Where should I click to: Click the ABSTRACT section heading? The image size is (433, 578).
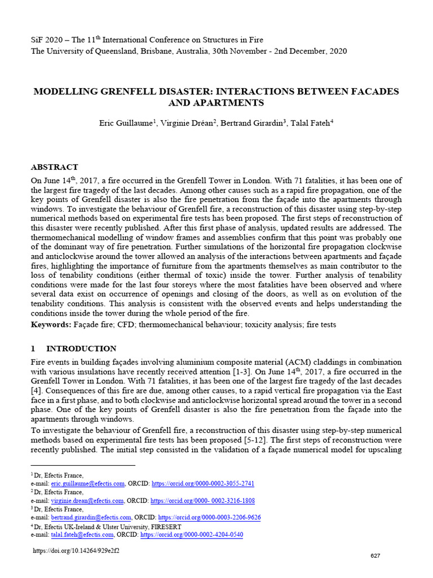[x=54, y=167]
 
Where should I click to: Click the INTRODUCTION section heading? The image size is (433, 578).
[x=81, y=348]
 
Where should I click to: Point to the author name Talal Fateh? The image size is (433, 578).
[x=310, y=122]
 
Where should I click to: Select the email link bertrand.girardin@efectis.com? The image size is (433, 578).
[x=91, y=518]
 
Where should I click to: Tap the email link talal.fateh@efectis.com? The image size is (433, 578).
[x=82, y=535]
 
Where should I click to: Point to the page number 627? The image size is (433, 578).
[x=375, y=556]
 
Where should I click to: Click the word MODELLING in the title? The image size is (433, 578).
[x=63, y=91]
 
